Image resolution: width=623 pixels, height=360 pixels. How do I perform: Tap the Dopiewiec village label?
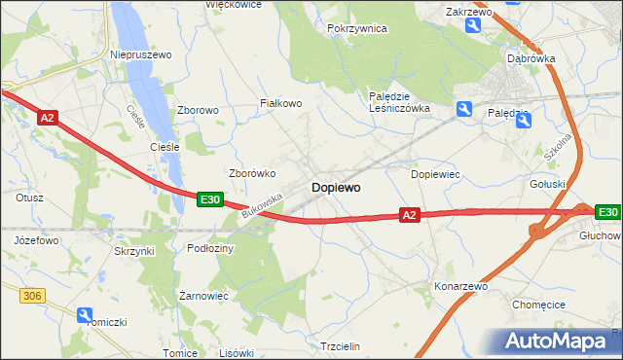pyautogui.click(x=435, y=174)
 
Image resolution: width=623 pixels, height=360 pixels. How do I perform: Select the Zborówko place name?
pyautogui.click(x=253, y=173)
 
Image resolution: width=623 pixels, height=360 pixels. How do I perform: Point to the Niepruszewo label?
pyautogui.click(x=141, y=54)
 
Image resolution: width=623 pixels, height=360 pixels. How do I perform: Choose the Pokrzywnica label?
pyautogui.click(x=358, y=29)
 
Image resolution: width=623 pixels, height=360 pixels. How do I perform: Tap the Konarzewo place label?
pyautogui.click(x=460, y=287)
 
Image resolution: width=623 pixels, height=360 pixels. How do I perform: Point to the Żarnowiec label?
pyautogui.click(x=203, y=295)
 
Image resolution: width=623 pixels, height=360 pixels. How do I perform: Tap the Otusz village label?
pyautogui.click(x=30, y=197)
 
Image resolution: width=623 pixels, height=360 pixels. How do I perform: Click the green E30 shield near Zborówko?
pyautogui.click(x=209, y=199)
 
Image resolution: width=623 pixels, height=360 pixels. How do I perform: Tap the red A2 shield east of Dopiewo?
pyautogui.click(x=409, y=215)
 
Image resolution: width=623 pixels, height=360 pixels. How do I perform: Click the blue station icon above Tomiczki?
pyautogui.click(x=86, y=314)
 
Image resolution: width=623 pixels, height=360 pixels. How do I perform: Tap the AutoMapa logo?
pyautogui.click(x=560, y=341)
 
